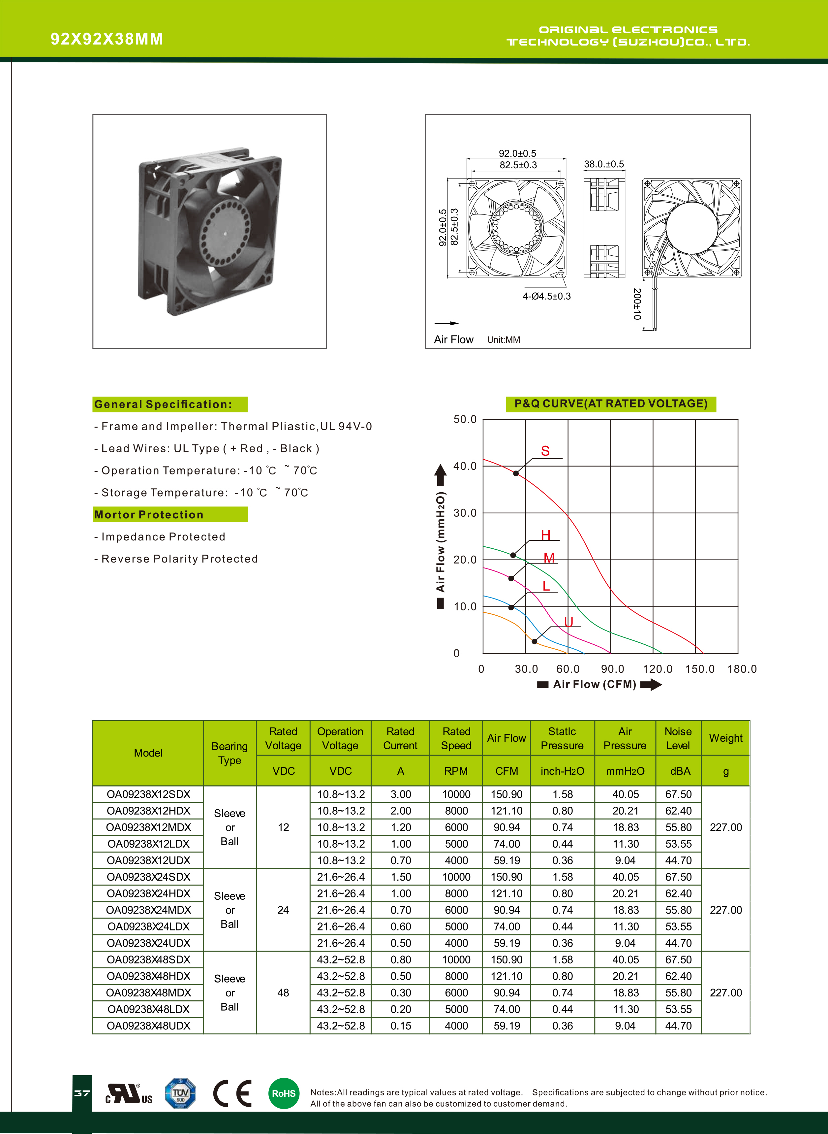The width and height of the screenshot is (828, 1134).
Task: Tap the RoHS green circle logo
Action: point(284,1093)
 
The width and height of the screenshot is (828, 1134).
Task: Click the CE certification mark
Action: point(232,1093)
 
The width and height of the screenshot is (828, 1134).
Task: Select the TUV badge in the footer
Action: point(180,1093)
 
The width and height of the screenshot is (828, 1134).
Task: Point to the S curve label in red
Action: point(545,451)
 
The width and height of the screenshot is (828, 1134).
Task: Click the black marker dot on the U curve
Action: point(534,641)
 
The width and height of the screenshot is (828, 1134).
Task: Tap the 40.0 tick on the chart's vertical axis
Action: point(465,466)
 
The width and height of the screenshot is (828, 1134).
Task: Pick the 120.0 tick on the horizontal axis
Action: point(658,669)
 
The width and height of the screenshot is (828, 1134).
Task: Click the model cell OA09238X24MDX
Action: point(148,910)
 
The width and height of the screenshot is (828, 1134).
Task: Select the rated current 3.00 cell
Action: point(400,794)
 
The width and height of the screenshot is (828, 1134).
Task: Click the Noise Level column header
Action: point(678,738)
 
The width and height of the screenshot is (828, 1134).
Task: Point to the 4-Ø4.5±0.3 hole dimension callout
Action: point(546,296)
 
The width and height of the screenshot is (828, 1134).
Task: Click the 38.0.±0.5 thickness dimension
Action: point(604,165)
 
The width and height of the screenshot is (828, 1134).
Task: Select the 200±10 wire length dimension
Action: point(637,304)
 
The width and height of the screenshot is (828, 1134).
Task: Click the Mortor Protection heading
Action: point(149,515)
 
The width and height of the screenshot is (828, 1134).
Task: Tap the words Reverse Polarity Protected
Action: point(179,559)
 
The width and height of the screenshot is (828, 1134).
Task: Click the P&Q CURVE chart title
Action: point(610,404)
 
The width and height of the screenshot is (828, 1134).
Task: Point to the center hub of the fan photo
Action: point(225,234)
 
